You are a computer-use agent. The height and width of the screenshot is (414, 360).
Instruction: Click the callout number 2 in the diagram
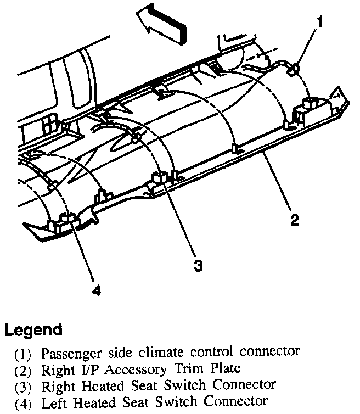point(295,221)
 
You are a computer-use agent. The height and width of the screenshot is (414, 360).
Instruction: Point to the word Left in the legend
point(53,401)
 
